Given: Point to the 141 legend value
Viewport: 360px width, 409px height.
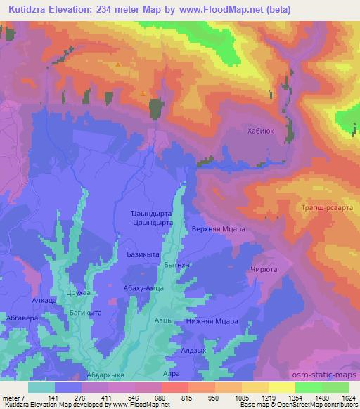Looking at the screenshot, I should coord(44,397).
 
